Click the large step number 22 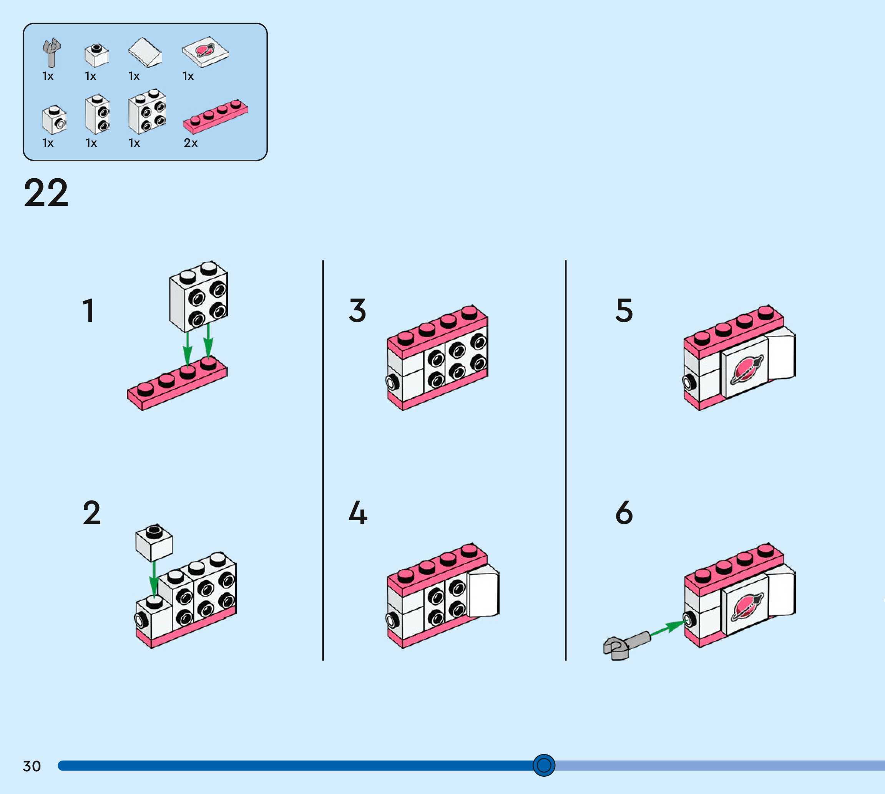tap(46, 192)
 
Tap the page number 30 tap(32, 766)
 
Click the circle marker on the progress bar tap(544, 765)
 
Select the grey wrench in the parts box tap(51, 52)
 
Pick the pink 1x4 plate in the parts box tap(216, 116)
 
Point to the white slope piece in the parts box tap(145, 53)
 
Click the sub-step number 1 tap(89, 311)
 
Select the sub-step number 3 tap(357, 311)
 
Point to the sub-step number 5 tap(624, 311)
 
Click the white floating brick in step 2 tap(154, 543)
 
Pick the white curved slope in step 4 tap(483, 593)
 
